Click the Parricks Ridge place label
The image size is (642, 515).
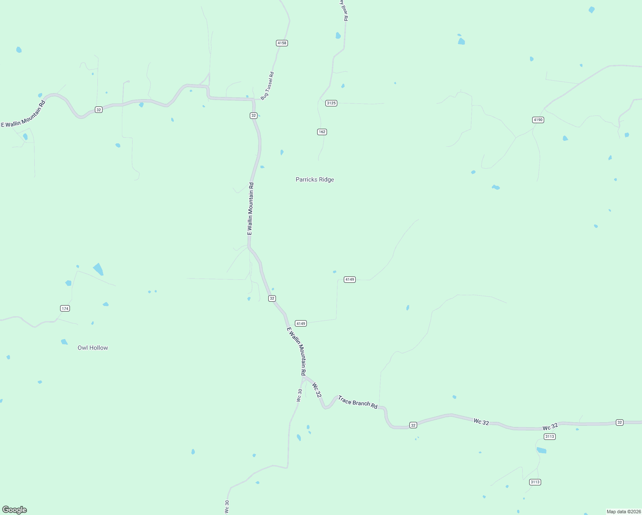tap(315, 179)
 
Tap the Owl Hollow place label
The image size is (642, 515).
tap(93, 348)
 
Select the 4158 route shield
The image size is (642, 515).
tap(282, 43)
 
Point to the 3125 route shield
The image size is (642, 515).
tap(331, 103)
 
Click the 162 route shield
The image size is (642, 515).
tap(322, 132)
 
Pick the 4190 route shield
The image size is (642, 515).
tap(538, 120)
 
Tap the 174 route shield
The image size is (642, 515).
tap(65, 309)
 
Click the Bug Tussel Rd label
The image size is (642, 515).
tap(267, 86)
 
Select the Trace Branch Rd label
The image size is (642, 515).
tap(357, 402)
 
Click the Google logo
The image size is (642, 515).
tap(15, 510)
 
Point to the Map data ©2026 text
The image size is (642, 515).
tap(623, 512)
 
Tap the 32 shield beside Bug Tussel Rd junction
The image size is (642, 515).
tap(254, 115)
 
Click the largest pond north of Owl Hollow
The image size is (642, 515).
tap(98, 269)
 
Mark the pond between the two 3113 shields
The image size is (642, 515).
tap(542, 450)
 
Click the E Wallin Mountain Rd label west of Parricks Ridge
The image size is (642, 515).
tap(250, 209)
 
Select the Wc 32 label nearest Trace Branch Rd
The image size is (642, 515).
tap(317, 390)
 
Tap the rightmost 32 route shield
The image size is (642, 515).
tap(619, 422)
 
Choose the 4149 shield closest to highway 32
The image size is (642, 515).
tap(300, 324)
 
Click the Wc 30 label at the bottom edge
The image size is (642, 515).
tap(227, 507)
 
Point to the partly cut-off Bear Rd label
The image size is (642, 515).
tap(344, 10)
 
